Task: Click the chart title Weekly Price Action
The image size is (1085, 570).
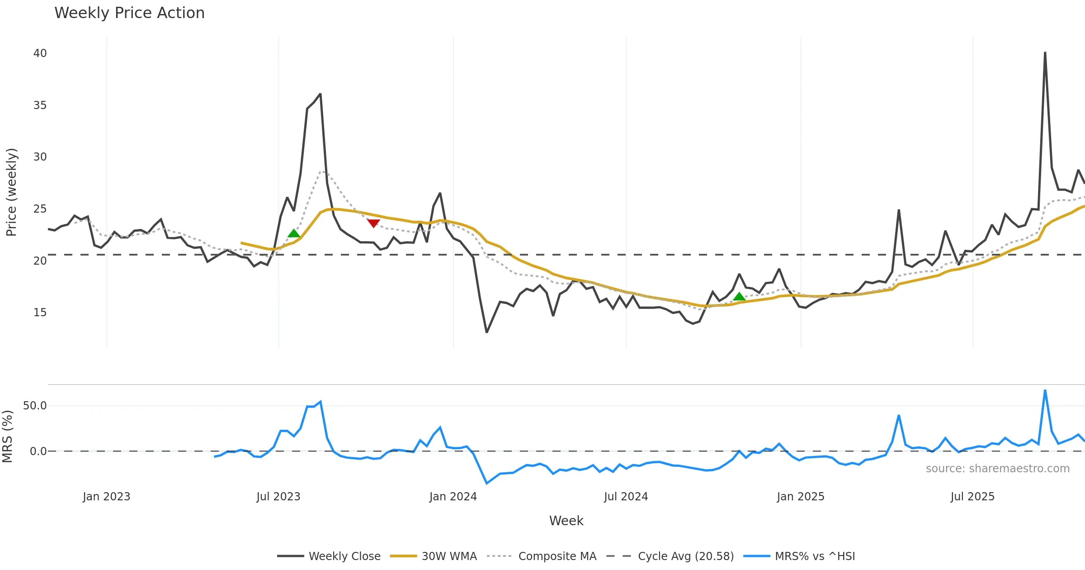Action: [129, 13]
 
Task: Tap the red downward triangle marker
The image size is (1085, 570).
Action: [373, 223]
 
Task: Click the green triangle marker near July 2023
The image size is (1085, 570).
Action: [294, 233]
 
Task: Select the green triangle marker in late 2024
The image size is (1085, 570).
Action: [739, 297]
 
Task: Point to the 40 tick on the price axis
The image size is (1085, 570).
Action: [40, 53]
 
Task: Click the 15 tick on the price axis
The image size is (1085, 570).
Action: [40, 313]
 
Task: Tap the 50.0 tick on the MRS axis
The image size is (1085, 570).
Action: [35, 406]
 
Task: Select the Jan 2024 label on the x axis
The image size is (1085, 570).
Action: [453, 497]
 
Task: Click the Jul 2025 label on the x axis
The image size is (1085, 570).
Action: [972, 497]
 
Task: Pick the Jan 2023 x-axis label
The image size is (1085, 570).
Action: [106, 497]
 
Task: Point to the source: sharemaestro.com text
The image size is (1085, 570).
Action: [997, 469]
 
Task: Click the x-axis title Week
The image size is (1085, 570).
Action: [566, 521]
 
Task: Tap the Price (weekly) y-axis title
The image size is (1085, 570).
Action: [11, 192]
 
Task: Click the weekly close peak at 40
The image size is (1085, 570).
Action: [1045, 53]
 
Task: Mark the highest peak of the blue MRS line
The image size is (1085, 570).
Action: [1045, 390]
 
